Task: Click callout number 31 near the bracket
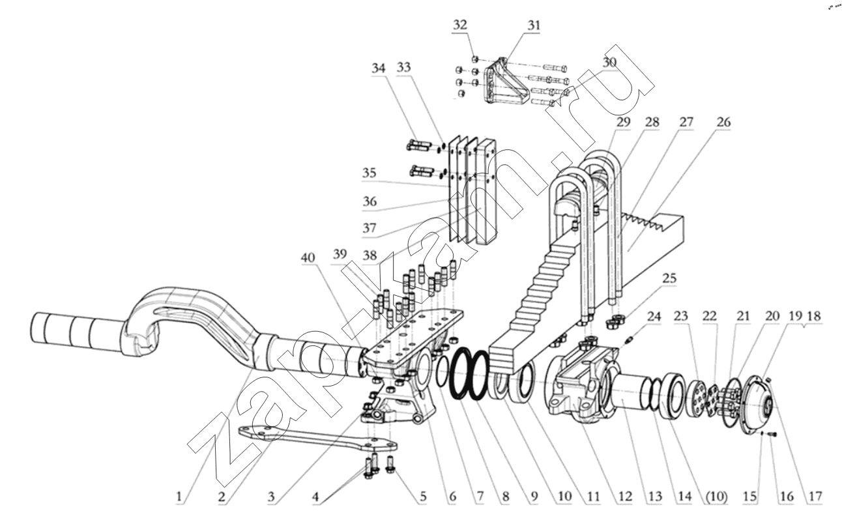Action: pyautogui.click(x=534, y=25)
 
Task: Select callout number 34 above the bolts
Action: pyautogui.click(x=379, y=68)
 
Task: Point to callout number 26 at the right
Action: pyautogui.click(x=723, y=122)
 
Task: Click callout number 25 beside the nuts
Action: pyautogui.click(x=669, y=278)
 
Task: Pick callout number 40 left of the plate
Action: pyautogui.click(x=308, y=258)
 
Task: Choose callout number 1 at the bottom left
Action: pyautogui.click(x=179, y=497)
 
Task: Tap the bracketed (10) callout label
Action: pyautogui.click(x=717, y=497)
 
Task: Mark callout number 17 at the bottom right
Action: pyautogui.click(x=816, y=497)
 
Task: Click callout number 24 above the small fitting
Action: pyautogui.click(x=654, y=316)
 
